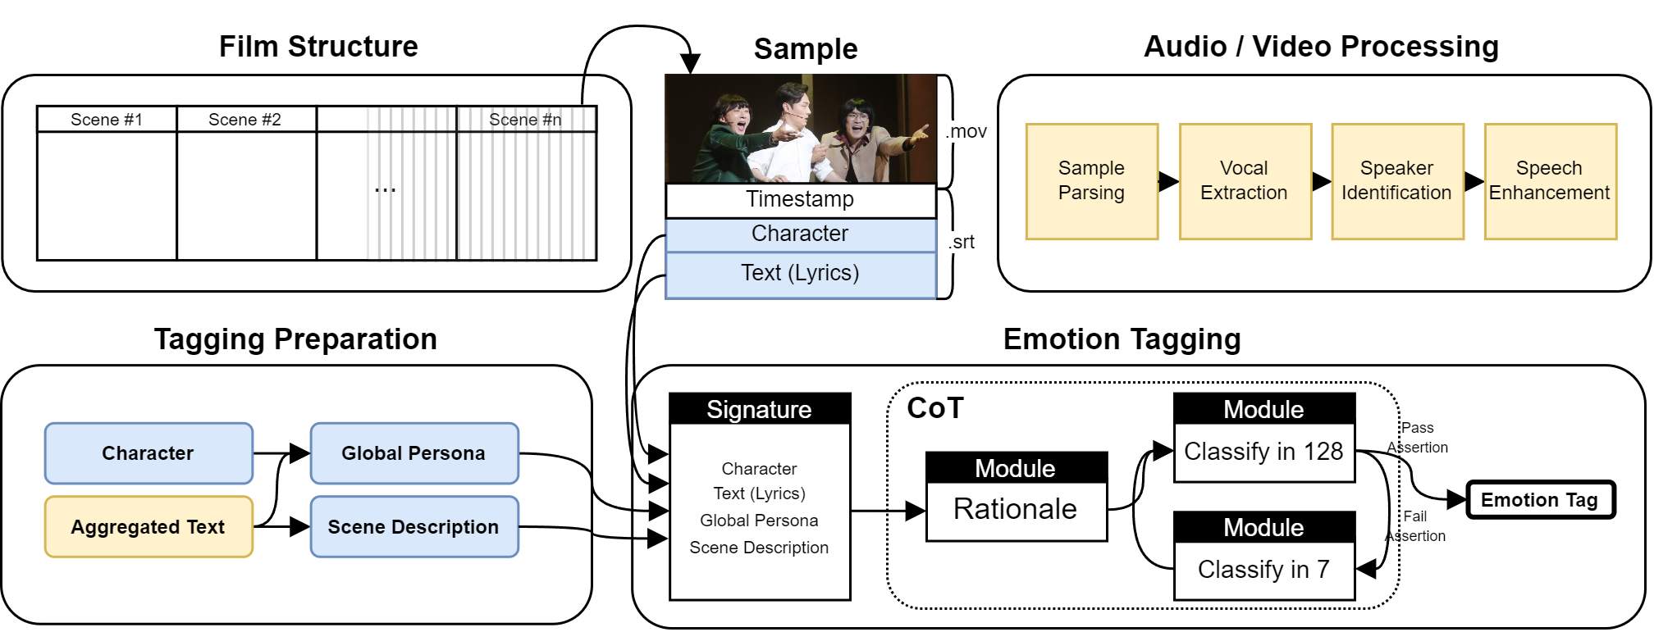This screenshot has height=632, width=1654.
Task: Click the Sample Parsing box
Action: (x=1091, y=181)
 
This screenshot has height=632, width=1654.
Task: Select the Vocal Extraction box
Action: (x=1245, y=181)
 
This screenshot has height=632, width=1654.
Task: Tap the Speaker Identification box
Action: (x=1397, y=181)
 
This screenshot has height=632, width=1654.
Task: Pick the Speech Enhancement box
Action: (x=1550, y=181)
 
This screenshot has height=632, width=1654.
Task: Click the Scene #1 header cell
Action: (x=107, y=120)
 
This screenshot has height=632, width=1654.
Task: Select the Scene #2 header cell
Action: (x=245, y=120)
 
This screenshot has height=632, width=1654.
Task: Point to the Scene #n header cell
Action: (x=526, y=120)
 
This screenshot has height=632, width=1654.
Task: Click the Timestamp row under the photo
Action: (x=800, y=200)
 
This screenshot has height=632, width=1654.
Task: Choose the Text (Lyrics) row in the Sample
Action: (x=800, y=274)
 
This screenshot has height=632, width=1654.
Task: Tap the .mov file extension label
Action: (x=966, y=132)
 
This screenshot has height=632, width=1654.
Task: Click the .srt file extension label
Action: (x=962, y=243)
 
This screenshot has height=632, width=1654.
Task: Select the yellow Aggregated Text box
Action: (x=148, y=527)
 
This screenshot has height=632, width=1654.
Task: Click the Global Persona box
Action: (x=413, y=453)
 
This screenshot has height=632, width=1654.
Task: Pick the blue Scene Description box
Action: (x=413, y=527)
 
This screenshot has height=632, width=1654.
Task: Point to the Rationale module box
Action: (x=1016, y=510)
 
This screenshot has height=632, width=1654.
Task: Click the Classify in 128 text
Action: (x=1263, y=452)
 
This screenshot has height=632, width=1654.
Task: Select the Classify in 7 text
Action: (x=1263, y=570)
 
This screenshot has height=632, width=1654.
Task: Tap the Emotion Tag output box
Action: (x=1540, y=500)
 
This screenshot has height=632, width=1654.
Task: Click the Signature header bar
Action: (x=760, y=409)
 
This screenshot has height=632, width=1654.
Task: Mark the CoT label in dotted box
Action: (x=935, y=408)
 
